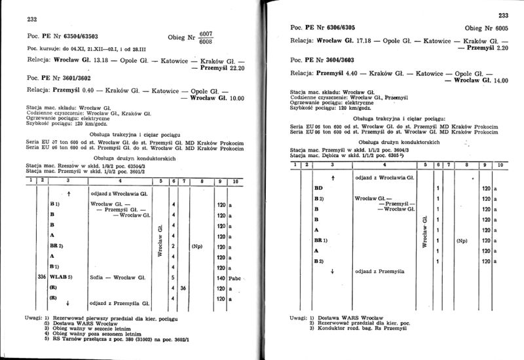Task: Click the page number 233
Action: [502, 15]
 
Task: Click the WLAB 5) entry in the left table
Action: [62, 278]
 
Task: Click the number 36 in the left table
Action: [184, 288]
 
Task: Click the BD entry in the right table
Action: [319, 189]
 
